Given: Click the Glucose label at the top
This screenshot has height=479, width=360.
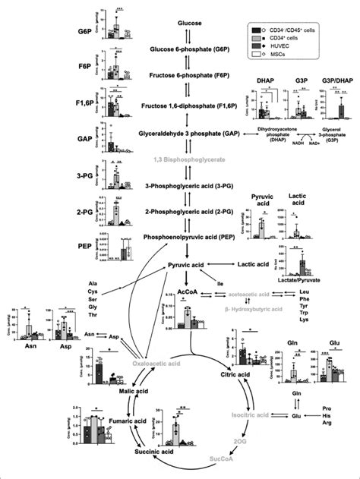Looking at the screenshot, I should coord(190,24).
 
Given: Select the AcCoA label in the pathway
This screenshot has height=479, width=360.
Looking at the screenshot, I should coord(185,288).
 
